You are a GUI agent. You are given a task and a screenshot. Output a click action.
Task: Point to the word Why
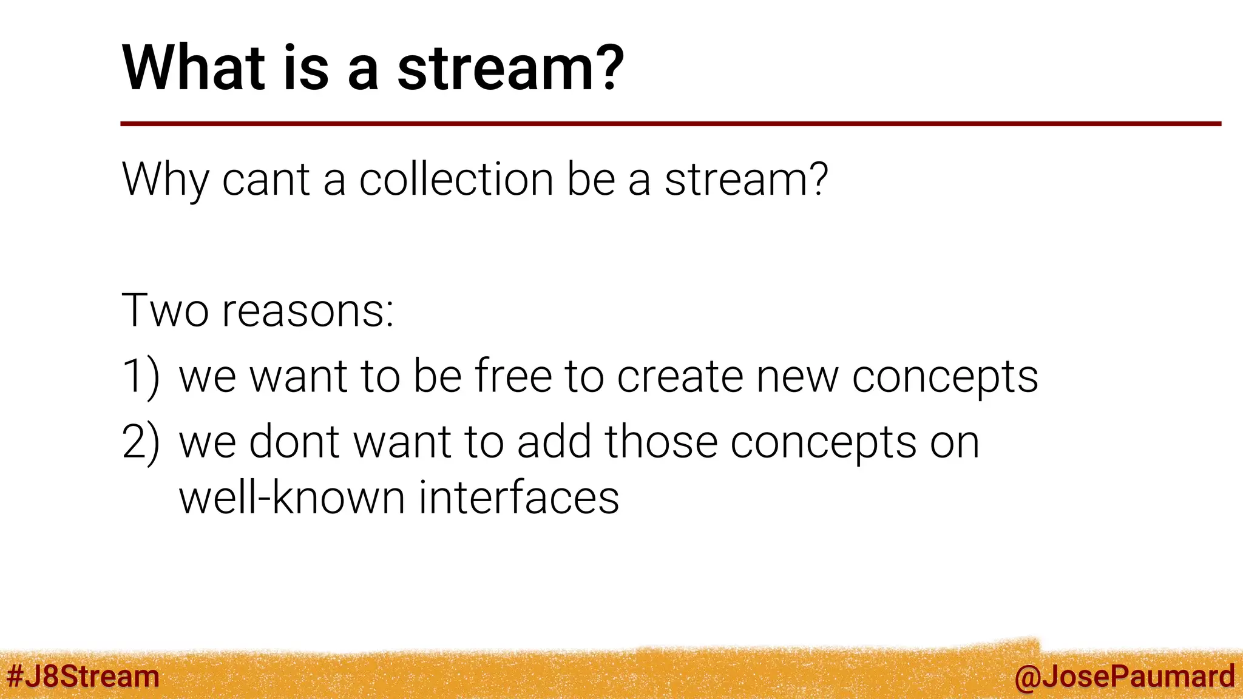tap(165, 180)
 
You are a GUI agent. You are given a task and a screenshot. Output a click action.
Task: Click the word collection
tap(456, 180)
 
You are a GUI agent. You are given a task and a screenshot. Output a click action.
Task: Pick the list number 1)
tap(141, 377)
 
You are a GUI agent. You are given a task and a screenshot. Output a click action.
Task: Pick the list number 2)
tap(141, 442)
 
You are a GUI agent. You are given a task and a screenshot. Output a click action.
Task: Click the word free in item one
tap(513, 376)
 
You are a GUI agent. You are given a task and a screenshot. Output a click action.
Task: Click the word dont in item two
tap(295, 442)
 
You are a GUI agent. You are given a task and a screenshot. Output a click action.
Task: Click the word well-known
tap(291, 498)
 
